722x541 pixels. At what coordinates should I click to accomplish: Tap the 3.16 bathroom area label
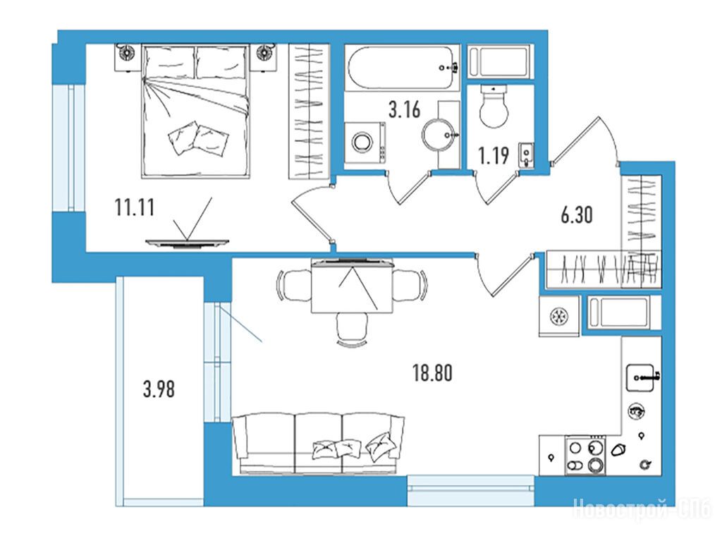tap(404, 109)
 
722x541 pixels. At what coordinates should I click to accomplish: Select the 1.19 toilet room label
tap(494, 156)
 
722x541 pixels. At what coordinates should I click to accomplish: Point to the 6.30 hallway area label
tap(577, 214)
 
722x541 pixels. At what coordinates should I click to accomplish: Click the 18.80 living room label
tap(432, 373)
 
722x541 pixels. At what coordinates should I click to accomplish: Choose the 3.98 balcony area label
tap(159, 389)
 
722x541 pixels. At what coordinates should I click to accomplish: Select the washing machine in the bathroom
tap(365, 142)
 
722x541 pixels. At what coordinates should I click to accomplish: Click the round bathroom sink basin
tap(440, 135)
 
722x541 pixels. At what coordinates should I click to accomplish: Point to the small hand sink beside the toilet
tap(526, 154)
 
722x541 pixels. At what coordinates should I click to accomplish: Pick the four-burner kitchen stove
tap(585, 456)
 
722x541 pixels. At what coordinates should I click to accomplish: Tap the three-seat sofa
tap(319, 443)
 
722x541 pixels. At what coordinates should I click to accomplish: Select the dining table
tap(352, 286)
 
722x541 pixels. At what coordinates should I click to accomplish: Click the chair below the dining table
tap(353, 329)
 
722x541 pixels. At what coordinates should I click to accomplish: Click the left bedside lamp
tap(126, 53)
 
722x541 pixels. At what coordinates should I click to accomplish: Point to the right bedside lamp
tap(264, 53)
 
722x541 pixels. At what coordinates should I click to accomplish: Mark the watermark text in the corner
tap(642, 510)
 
